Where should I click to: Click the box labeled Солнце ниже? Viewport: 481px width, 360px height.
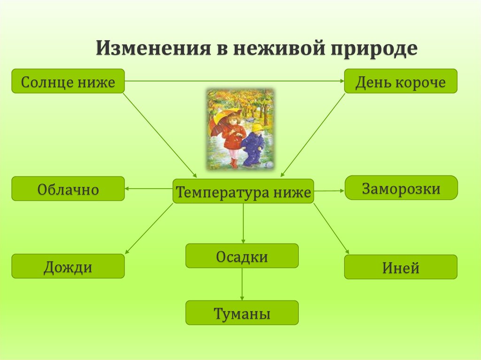(x=68, y=81)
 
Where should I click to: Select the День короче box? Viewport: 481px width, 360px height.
(x=401, y=81)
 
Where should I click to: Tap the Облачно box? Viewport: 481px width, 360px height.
(x=68, y=189)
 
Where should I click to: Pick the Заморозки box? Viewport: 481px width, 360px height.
(x=401, y=188)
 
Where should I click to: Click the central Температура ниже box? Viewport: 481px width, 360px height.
(x=243, y=191)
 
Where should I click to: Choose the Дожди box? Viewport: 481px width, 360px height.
(x=68, y=266)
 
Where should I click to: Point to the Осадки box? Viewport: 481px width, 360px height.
(x=242, y=256)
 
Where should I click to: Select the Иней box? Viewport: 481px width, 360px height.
(x=401, y=267)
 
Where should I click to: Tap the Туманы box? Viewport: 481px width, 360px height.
(x=242, y=313)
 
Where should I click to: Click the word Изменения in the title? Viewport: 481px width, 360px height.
(x=154, y=48)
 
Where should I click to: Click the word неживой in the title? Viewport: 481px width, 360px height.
(x=279, y=48)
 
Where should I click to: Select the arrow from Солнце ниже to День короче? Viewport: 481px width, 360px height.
(x=234, y=81)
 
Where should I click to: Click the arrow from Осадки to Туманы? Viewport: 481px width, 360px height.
(x=242, y=284)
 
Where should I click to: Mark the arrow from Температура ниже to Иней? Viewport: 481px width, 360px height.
(x=331, y=229)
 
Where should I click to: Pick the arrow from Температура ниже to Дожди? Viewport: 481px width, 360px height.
(x=149, y=229)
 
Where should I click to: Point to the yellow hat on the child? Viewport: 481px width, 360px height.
(x=257, y=127)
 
